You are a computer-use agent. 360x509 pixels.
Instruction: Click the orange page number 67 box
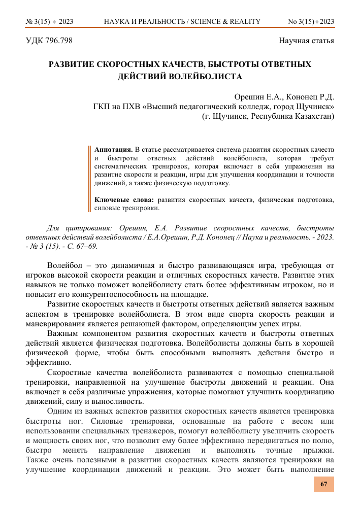[323, 484]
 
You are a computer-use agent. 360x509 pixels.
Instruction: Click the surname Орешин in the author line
[248, 97]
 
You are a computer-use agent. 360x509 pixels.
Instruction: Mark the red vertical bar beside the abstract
[89, 178]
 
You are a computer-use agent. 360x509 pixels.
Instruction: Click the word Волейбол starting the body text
[63, 265]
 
